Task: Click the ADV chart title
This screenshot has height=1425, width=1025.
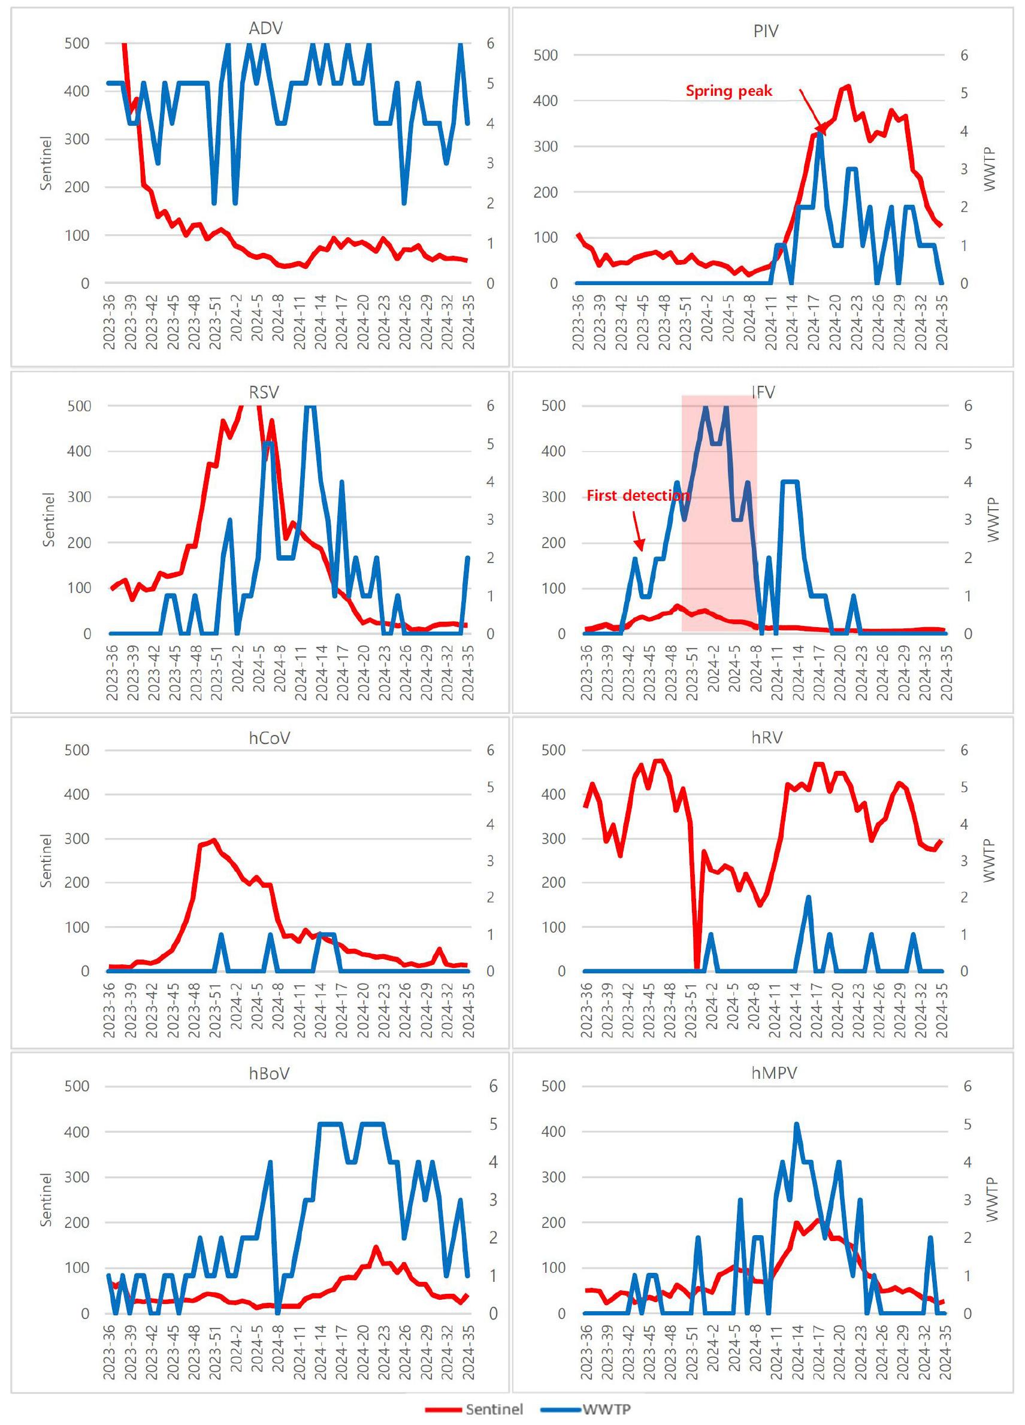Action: click(265, 28)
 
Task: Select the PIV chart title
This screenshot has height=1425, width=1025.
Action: click(766, 31)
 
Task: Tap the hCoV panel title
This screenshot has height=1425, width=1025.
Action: click(269, 737)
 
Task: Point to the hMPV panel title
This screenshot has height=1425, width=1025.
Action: click(773, 1073)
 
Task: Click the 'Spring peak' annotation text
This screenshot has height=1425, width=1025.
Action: click(728, 90)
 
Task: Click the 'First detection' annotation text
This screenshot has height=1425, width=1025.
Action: click(638, 495)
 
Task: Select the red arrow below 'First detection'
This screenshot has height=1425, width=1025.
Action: click(638, 531)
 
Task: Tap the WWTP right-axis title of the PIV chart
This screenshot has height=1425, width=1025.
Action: click(990, 169)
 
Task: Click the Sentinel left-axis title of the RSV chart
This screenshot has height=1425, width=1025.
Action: click(49, 519)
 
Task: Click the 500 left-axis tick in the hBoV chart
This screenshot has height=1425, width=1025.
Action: click(77, 1086)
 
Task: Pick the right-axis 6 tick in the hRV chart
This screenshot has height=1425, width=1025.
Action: click(967, 749)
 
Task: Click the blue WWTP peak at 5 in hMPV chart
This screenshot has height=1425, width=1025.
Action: click(797, 1124)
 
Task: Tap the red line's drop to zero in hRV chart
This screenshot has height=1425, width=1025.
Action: click(696, 968)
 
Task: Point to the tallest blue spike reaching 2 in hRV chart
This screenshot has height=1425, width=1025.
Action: click(808, 897)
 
